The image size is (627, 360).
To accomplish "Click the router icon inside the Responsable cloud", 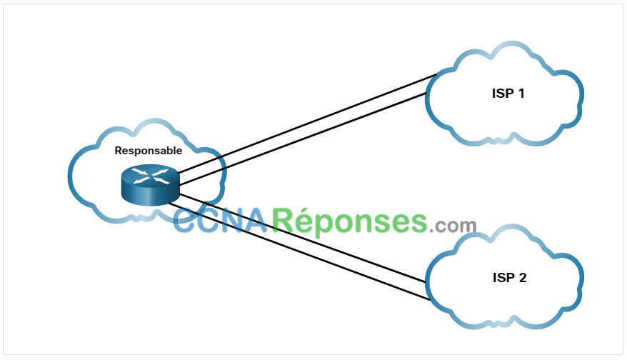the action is [151, 185].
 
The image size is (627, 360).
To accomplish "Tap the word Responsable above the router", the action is [149, 151].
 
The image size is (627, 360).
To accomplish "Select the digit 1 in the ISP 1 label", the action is [521, 94].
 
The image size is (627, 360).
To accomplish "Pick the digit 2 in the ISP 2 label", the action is [522, 278].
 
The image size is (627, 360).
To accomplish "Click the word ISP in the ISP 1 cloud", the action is [503, 94].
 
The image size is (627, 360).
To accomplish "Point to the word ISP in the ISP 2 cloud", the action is [504, 278].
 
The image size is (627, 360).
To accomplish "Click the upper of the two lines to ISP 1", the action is [307, 124].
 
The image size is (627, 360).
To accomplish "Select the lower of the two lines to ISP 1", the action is [303, 139].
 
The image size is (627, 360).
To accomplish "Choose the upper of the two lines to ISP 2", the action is [302, 238].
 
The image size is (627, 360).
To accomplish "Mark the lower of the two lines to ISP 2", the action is [300, 251].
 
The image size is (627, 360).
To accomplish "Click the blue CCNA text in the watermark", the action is [221, 221].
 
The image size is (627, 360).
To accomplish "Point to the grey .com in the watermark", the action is [453, 226].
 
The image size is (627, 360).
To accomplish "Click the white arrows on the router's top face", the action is [151, 176].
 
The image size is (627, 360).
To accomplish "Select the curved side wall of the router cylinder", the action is [151, 196].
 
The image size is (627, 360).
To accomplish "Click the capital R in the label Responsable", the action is [119, 151].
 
